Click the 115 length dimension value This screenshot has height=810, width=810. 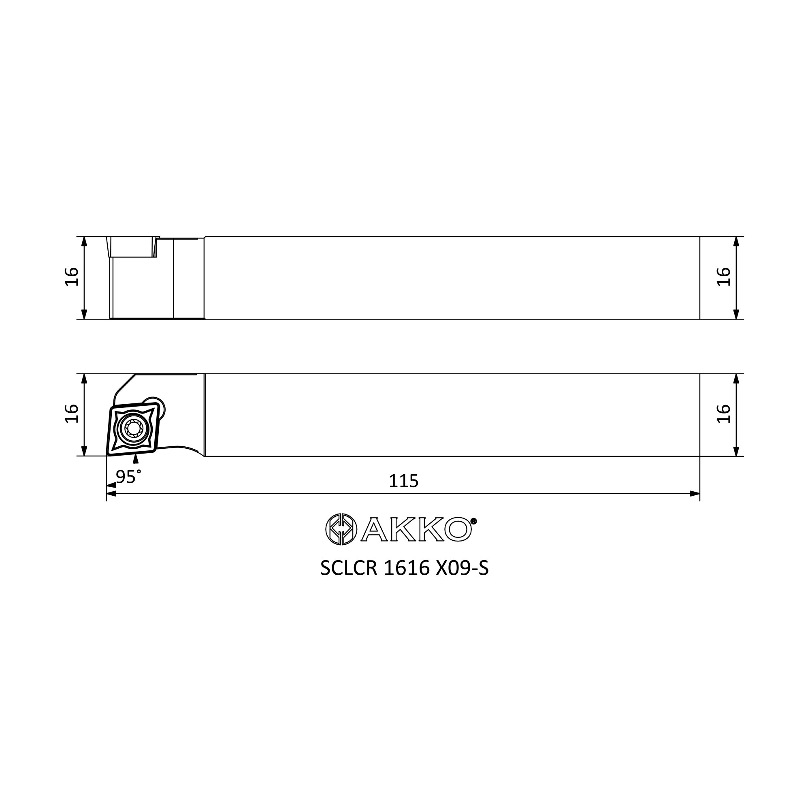click(403, 481)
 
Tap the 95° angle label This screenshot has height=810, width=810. click(128, 477)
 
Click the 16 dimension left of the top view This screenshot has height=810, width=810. click(72, 277)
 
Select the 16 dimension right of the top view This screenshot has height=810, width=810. click(724, 277)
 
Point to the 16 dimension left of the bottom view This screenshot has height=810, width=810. click(72, 414)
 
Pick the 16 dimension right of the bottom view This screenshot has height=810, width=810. click(724, 414)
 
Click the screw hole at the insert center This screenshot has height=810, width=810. click(134, 428)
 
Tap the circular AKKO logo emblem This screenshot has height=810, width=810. click(341, 529)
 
